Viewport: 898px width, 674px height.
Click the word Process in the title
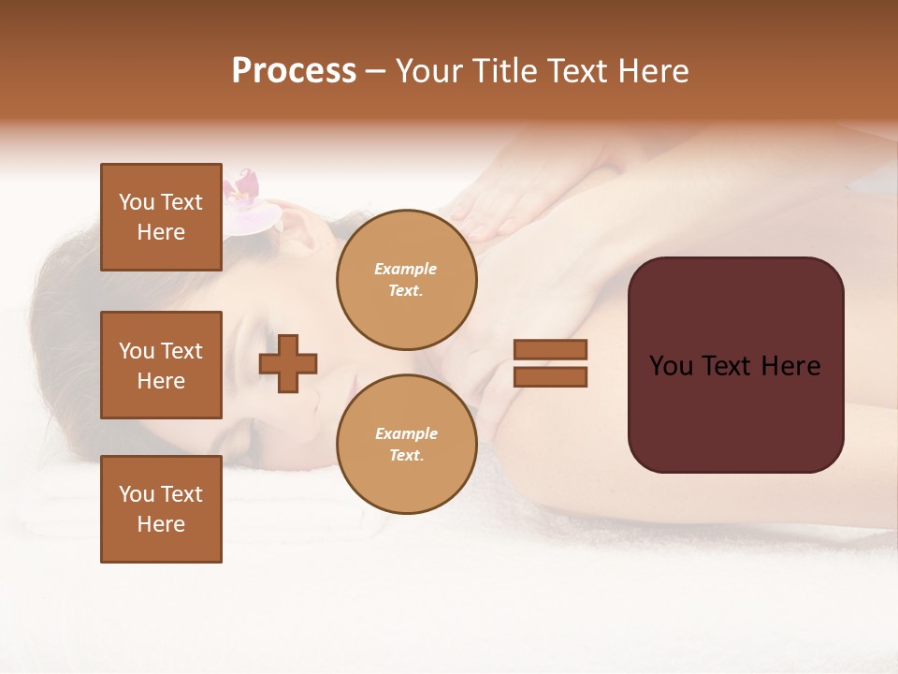coord(294,71)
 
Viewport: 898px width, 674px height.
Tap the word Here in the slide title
coord(651,71)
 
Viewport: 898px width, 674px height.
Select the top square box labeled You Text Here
coord(161,217)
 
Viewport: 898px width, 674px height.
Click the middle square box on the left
coord(161,365)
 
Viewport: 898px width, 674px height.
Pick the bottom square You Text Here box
coord(161,509)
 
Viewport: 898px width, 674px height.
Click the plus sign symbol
coord(288,363)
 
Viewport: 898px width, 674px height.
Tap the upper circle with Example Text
coord(406,280)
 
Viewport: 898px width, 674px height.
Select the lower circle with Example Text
coord(406,444)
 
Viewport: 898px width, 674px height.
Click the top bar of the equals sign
coord(550,349)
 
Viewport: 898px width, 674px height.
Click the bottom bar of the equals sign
coord(550,376)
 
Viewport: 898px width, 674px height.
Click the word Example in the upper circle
coord(406,269)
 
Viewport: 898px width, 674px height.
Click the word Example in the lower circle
coord(406,433)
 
